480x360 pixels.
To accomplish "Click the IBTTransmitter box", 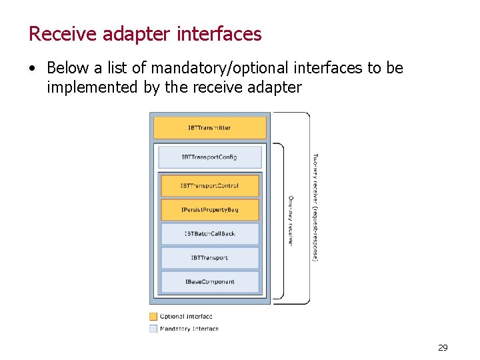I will coord(209,128).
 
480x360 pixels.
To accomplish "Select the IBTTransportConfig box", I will coord(209,157).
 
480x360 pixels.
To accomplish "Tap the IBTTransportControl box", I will coord(209,186).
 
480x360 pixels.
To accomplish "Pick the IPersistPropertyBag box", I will coord(209,210).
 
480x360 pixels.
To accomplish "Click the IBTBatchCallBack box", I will coord(209,234).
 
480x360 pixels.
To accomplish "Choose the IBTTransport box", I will coord(209,258).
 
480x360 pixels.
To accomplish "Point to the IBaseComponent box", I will coord(209,282).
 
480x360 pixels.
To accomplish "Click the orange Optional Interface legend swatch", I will coord(153,317).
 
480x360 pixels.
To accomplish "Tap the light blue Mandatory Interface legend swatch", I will coord(153,328).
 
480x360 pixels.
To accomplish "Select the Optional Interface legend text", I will coord(186,317).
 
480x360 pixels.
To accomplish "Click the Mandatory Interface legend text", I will coord(189,328).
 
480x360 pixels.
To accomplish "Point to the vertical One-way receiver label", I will coord(291,221).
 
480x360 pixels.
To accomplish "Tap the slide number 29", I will coord(443,347).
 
